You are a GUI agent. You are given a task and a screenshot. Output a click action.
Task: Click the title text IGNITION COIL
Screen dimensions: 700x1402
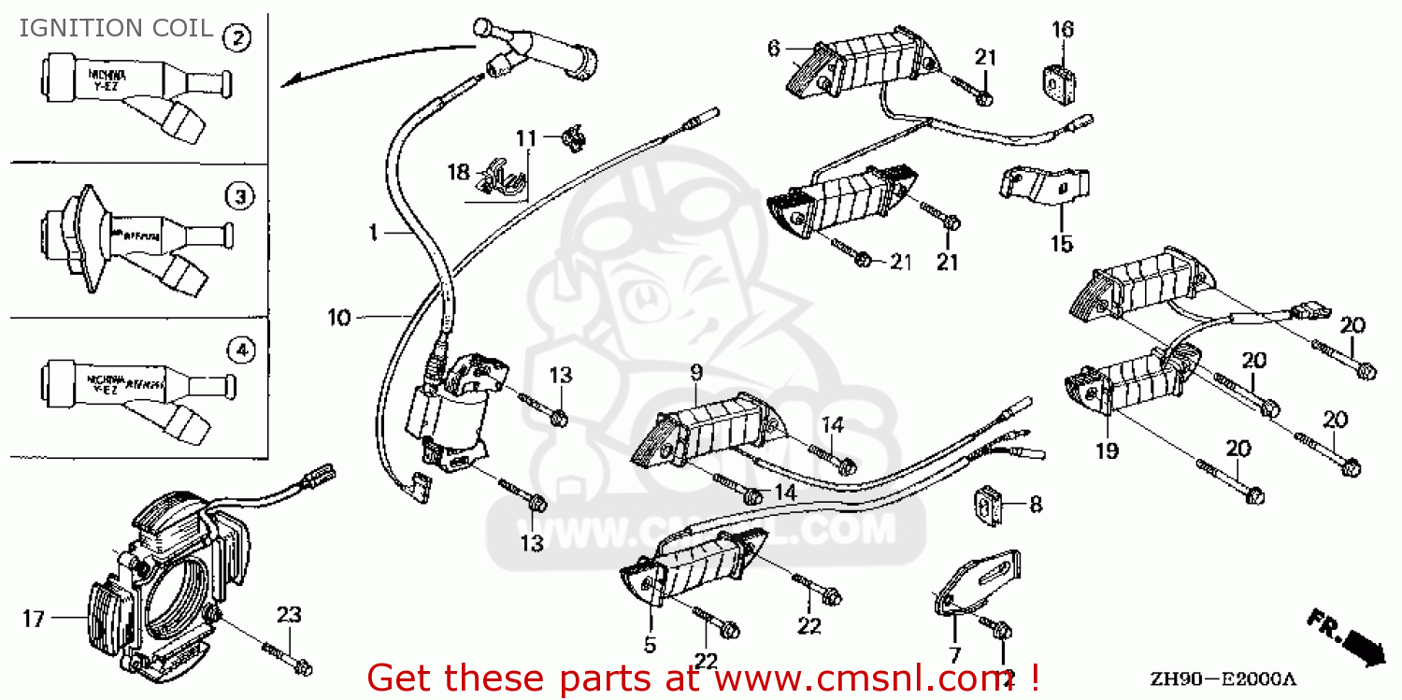[x=116, y=28]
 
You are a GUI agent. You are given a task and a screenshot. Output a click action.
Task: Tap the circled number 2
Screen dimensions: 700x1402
[x=238, y=37]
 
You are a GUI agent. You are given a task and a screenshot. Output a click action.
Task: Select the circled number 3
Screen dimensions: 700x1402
[x=240, y=196]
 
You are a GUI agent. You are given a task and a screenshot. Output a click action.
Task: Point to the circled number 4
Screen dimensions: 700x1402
[x=240, y=350]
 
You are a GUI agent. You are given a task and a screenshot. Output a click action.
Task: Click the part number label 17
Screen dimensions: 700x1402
[x=34, y=619]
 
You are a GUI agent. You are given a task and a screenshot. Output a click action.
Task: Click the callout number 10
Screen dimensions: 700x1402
[x=338, y=319]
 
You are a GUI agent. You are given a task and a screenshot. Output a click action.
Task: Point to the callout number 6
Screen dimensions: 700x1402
[x=773, y=48]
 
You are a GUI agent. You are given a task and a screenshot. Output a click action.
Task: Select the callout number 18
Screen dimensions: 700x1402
[x=458, y=172]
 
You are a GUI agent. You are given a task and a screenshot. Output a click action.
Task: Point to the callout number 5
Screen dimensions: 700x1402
[x=650, y=644]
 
